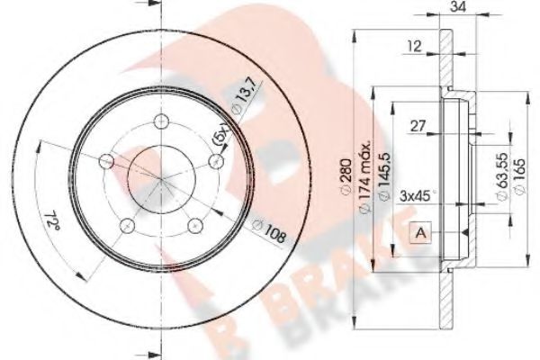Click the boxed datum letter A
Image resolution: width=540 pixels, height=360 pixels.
(x=420, y=233)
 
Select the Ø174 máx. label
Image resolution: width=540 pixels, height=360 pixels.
(x=364, y=170)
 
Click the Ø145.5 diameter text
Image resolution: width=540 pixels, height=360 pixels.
(x=383, y=180)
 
